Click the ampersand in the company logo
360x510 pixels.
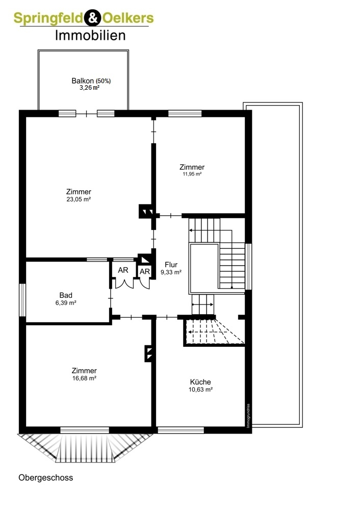pyautogui.click(x=93, y=18)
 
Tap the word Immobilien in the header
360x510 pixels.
pyautogui.click(x=90, y=36)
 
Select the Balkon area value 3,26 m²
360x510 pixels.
pyautogui.click(x=89, y=88)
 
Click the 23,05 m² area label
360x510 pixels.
pyautogui.click(x=79, y=199)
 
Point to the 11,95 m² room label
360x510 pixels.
pyautogui.click(x=192, y=174)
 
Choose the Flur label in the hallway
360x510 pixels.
pyautogui.click(x=171, y=264)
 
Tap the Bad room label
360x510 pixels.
pyautogui.click(x=66, y=295)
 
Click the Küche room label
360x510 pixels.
pyautogui.click(x=200, y=382)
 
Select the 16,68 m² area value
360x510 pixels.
pyautogui.click(x=84, y=378)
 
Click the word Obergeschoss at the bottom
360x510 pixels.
pyautogui.click(x=46, y=478)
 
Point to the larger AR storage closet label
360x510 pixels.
pyautogui.click(x=123, y=270)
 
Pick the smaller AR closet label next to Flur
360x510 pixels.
pyautogui.click(x=145, y=271)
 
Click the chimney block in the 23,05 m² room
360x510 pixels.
pyautogui.click(x=146, y=211)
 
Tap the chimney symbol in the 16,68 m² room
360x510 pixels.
pyautogui.click(x=148, y=353)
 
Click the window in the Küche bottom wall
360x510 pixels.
pyautogui.click(x=181, y=430)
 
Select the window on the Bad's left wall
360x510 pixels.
pyautogui.click(x=22, y=300)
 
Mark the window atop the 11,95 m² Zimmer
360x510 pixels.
pyautogui.click(x=185, y=114)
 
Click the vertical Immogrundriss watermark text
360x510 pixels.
pyautogui.click(x=248, y=416)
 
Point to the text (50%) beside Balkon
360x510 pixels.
pyautogui.click(x=103, y=81)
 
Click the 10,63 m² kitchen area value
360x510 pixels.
pyautogui.click(x=200, y=389)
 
